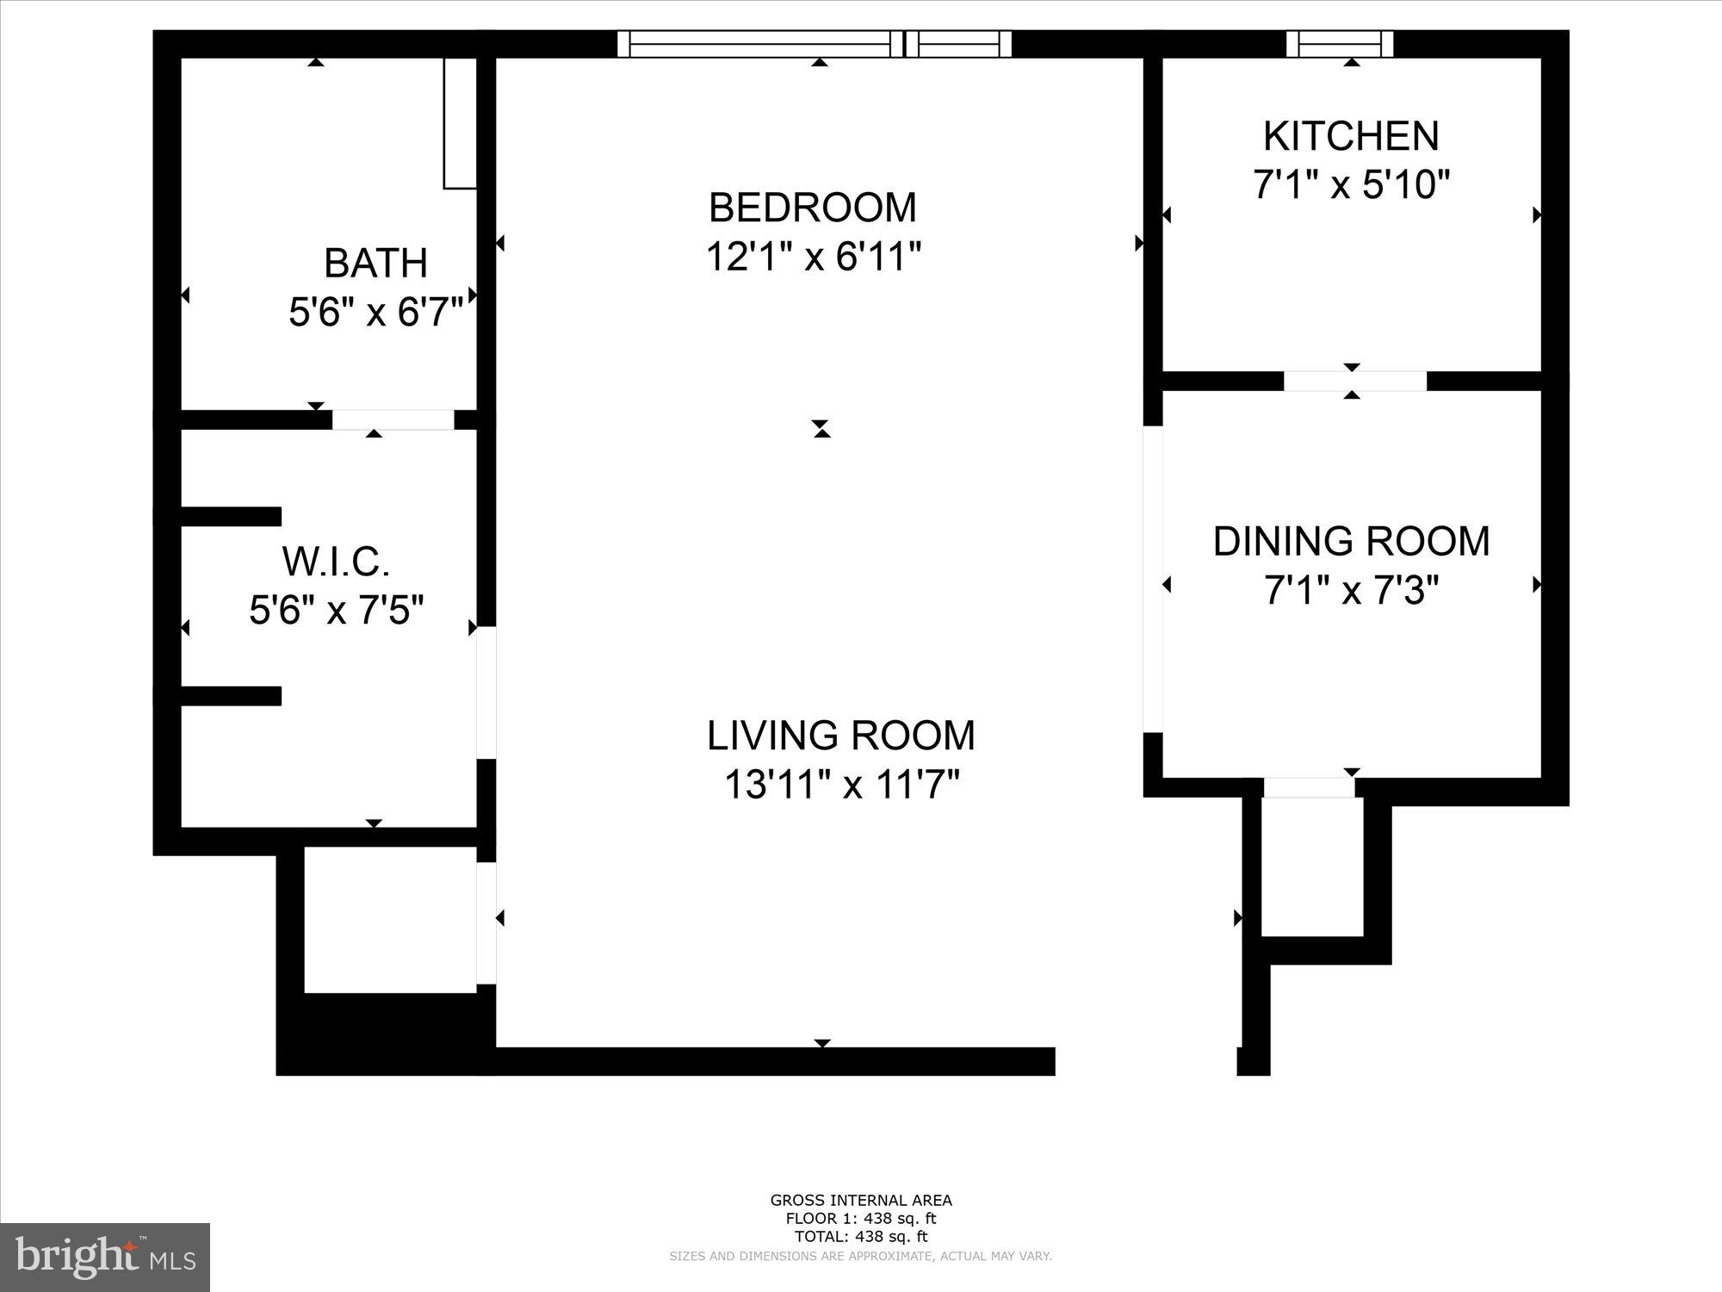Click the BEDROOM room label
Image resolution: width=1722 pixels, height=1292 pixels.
pyautogui.click(x=812, y=208)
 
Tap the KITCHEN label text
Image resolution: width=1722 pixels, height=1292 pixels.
pyautogui.click(x=1351, y=136)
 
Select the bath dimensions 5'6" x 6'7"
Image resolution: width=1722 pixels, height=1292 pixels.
pyautogui.click(x=375, y=312)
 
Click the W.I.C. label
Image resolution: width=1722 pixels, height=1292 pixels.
pyautogui.click(x=336, y=562)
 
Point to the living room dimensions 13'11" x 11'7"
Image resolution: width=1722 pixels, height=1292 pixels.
pyautogui.click(x=841, y=785)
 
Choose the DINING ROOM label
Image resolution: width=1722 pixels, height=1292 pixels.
pyautogui.click(x=1351, y=542)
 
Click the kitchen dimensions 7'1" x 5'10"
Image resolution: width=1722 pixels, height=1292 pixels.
pyautogui.click(x=1351, y=184)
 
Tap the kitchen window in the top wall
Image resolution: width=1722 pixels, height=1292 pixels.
pyautogui.click(x=1340, y=44)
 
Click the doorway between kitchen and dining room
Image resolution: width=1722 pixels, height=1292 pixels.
pyautogui.click(x=1354, y=381)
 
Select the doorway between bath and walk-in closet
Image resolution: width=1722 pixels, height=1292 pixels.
pyautogui.click(x=393, y=419)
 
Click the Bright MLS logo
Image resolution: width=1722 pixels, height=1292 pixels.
pyautogui.click(x=105, y=1257)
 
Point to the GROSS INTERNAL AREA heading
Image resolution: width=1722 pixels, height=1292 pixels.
pyautogui.click(x=860, y=1200)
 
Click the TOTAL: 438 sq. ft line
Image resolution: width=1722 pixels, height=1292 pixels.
pyautogui.click(x=860, y=1236)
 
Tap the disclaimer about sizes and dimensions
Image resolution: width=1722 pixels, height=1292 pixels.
pyautogui.click(x=860, y=1257)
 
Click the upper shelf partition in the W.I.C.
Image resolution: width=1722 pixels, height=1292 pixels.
pyautogui.click(x=231, y=516)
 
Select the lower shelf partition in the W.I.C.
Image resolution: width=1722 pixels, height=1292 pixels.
pyautogui.click(x=231, y=696)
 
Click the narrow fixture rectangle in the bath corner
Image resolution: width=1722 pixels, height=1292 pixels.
pyautogui.click(x=460, y=123)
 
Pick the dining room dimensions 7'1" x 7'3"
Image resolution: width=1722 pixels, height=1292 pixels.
pyautogui.click(x=1351, y=592)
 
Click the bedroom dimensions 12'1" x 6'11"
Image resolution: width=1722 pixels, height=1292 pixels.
pyautogui.click(x=814, y=257)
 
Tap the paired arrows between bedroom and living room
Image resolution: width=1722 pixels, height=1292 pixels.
pyautogui.click(x=821, y=428)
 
